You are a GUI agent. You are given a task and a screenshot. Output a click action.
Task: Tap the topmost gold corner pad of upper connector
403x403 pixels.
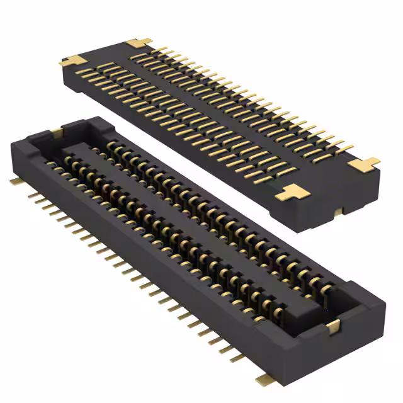(x=139, y=43)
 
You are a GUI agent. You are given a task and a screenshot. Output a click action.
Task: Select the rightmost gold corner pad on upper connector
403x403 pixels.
(x=364, y=164)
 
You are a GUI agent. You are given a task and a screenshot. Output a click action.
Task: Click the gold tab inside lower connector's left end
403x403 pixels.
(x=57, y=132)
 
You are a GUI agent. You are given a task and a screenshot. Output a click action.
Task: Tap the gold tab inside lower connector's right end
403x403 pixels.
(x=333, y=326)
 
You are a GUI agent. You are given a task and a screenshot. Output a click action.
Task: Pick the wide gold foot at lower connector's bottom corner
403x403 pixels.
(x=263, y=379)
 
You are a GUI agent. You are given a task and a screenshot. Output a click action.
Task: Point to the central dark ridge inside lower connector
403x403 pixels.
(x=189, y=214)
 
